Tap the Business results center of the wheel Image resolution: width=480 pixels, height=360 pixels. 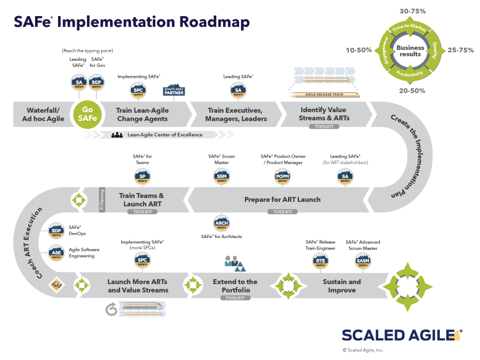click(x=410, y=51)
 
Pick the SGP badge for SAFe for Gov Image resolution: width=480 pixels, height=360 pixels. click(x=98, y=83)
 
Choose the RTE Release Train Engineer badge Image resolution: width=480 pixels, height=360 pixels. click(x=320, y=262)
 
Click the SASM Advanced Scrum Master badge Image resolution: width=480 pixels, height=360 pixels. click(x=363, y=262)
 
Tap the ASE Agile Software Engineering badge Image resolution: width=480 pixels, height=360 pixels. click(x=56, y=252)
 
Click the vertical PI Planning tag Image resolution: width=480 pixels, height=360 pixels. click(x=102, y=199)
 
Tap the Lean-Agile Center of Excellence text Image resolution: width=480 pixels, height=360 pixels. click(x=165, y=135)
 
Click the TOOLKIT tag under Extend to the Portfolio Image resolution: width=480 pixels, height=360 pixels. click(x=235, y=298)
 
